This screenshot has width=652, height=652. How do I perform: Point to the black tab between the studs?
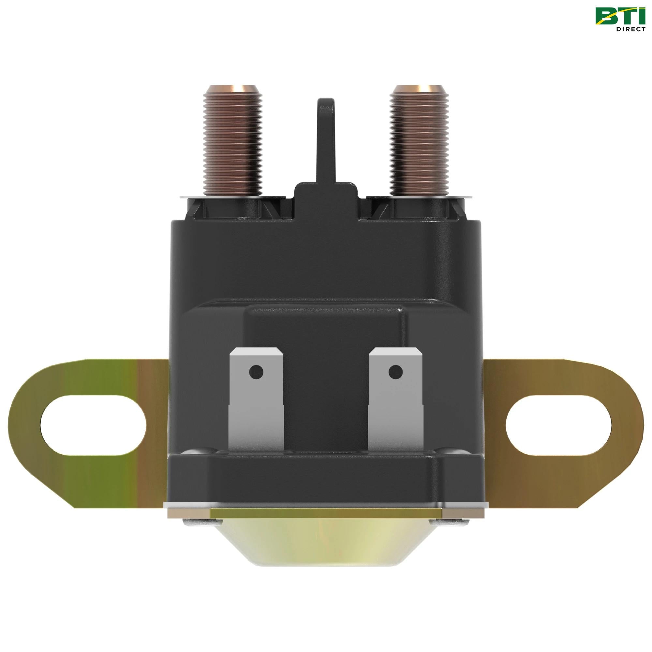click(x=327, y=142)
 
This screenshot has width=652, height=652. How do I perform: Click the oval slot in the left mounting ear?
click(x=93, y=424)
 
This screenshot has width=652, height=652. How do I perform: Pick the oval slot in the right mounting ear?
click(x=558, y=424)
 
